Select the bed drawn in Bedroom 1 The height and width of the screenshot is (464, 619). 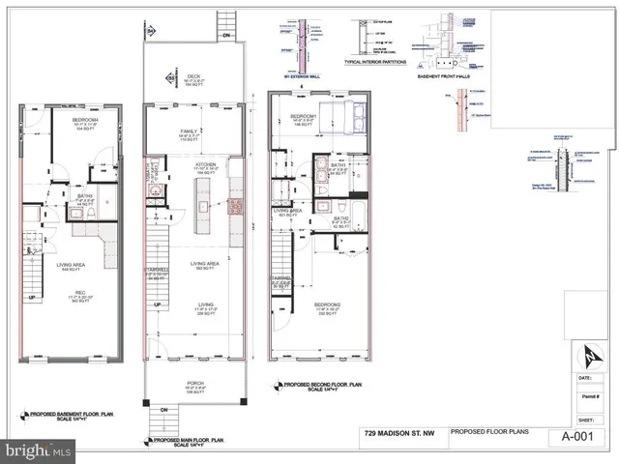point(343,122)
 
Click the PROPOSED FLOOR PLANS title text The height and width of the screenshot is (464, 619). point(487,432)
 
